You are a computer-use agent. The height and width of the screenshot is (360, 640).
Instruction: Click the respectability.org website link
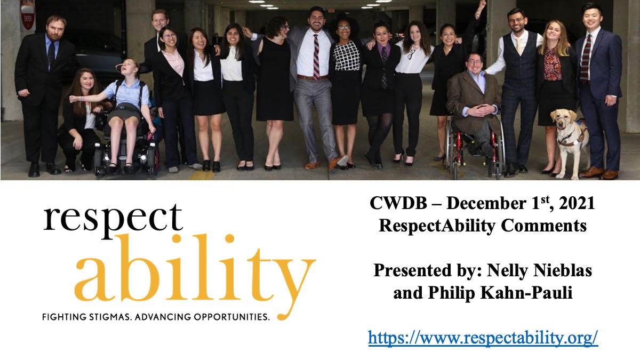[x=483, y=338]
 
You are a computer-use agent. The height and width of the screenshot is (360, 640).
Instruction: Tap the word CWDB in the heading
[x=398, y=203]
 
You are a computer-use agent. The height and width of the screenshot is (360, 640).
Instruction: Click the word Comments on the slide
[x=543, y=226]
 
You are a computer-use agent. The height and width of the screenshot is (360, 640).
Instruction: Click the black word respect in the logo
[x=113, y=219]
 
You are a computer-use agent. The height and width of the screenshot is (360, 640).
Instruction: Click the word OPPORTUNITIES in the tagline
[x=231, y=317]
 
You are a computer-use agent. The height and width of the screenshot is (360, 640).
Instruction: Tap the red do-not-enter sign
[x=28, y=14]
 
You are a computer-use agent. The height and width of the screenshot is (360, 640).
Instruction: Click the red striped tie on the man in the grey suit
[x=316, y=57]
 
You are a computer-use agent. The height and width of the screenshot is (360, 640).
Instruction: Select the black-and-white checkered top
[x=347, y=56]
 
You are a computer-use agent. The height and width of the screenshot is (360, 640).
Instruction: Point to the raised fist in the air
[x=482, y=5]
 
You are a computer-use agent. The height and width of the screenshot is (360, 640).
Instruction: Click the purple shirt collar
[x=383, y=49]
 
